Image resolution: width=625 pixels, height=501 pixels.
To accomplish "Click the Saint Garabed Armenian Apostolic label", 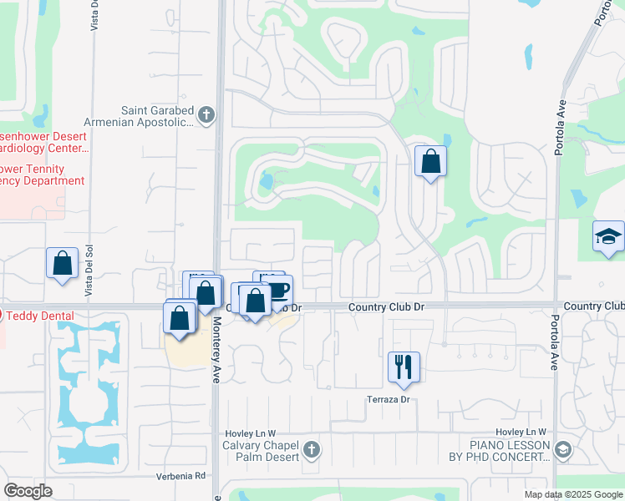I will click(x=157, y=117).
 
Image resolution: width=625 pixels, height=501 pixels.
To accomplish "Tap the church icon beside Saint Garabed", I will click(x=207, y=114).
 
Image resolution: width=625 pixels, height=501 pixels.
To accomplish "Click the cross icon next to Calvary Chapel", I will click(x=311, y=451).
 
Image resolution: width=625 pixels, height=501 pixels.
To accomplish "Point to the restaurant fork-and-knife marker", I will click(x=404, y=367).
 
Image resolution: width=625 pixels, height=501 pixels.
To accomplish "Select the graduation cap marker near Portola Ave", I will click(x=608, y=237).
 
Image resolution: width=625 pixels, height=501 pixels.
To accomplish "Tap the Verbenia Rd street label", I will click(x=180, y=476).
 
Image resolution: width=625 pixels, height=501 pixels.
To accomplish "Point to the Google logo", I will click(x=28, y=491).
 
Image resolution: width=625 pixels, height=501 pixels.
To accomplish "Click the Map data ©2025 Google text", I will click(x=574, y=494).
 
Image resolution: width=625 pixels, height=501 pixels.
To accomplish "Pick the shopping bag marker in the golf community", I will click(x=430, y=162).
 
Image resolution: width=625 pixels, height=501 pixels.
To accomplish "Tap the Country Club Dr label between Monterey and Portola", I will click(x=386, y=307).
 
